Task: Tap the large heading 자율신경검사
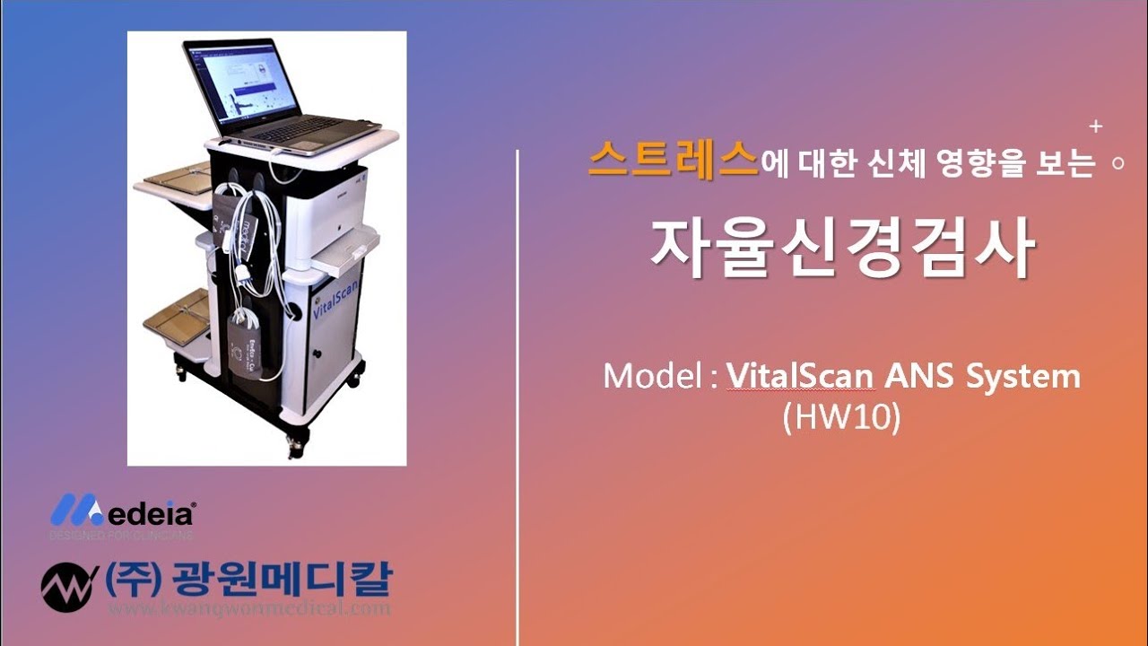tap(842, 247)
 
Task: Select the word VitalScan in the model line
tap(800, 376)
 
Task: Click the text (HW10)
tap(840, 419)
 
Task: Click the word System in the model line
tap(1022, 377)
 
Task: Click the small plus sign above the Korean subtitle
tap(1096, 127)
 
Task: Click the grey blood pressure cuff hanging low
tap(246, 349)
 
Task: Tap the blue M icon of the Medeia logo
tap(75, 511)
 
